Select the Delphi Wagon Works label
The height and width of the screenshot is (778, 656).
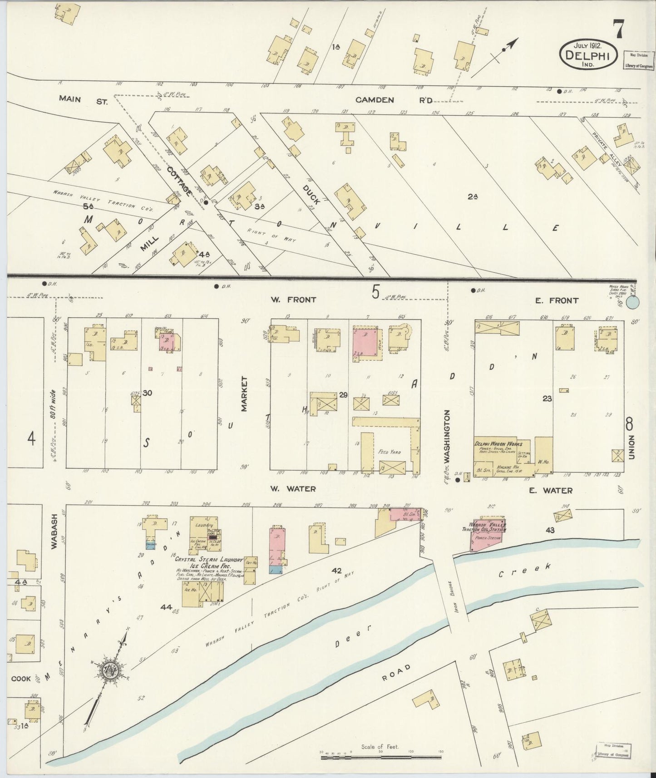click(x=498, y=443)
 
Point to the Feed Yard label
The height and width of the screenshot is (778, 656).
click(x=390, y=452)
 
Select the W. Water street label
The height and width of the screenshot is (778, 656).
click(x=292, y=489)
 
